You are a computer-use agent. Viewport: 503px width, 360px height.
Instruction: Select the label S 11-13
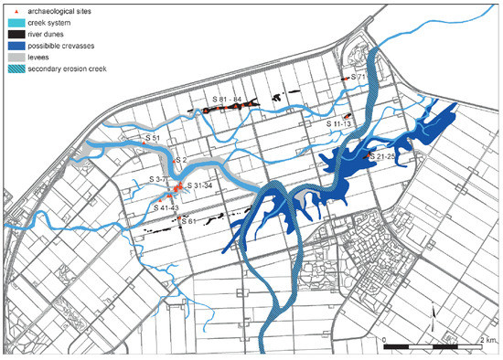tap(339, 122)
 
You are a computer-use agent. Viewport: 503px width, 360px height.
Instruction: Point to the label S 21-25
tap(381, 156)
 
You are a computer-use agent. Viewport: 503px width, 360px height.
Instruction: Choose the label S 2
tap(180, 160)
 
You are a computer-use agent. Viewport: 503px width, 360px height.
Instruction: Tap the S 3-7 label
tap(166, 179)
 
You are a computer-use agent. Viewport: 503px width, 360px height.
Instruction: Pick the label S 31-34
tap(200, 186)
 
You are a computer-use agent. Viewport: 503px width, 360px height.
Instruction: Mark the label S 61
tap(189, 220)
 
